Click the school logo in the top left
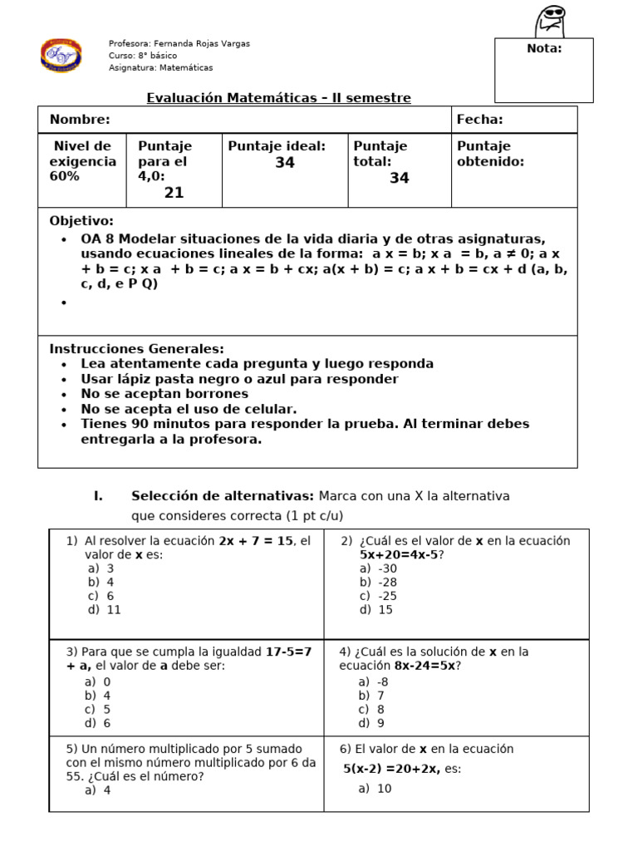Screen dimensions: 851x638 [x=61, y=55]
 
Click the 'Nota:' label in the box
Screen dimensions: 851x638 [x=544, y=48]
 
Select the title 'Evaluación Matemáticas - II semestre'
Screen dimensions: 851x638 [x=278, y=98]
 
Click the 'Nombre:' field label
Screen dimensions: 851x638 [x=80, y=120]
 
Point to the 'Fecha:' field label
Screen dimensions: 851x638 [x=479, y=120]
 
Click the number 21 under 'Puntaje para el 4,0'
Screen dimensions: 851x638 [x=174, y=193]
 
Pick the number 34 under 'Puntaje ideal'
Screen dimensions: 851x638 [x=285, y=163]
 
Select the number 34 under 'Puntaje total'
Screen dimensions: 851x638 [x=400, y=178]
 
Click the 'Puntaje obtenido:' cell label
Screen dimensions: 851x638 [x=490, y=154]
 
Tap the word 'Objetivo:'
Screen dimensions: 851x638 [x=81, y=221]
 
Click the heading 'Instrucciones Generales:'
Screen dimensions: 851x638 [x=137, y=349]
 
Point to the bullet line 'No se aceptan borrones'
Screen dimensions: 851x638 [x=164, y=394]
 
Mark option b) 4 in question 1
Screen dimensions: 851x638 [x=101, y=583]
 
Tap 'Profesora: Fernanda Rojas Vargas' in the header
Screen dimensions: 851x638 [x=179, y=43]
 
